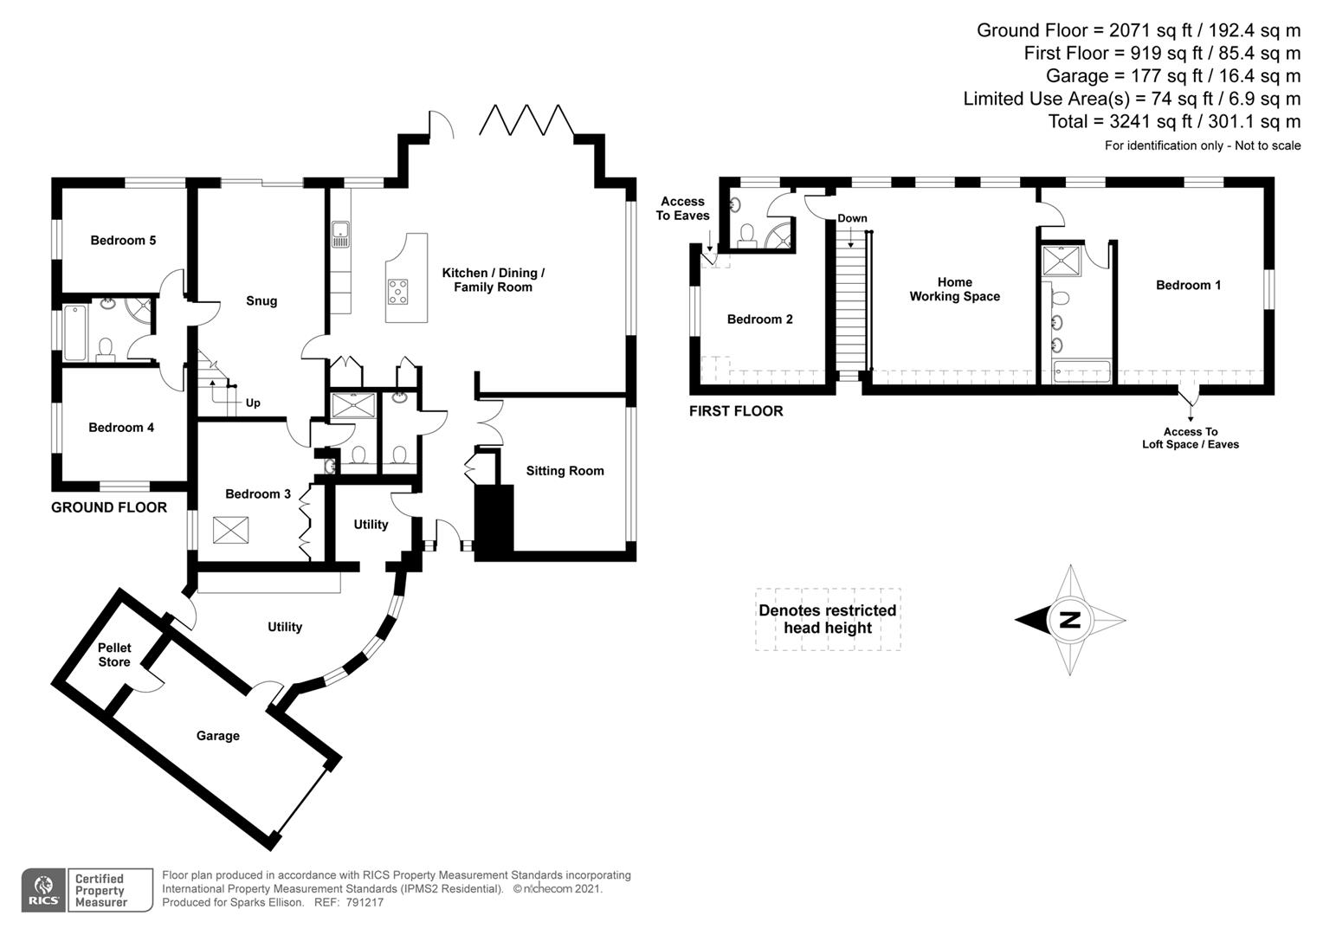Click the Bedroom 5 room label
tap(123, 240)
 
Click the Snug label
tap(261, 301)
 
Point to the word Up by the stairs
tap(253, 403)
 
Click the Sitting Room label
tap(565, 471)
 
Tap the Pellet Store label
tap(114, 654)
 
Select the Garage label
tap(217, 736)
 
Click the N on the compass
tap(1070, 620)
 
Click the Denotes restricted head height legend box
tap(827, 619)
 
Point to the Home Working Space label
tap(954, 289)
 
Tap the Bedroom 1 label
tap(1188, 285)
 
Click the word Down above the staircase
tap(852, 218)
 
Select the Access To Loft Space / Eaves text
tap(1190, 438)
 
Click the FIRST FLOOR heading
tap(736, 411)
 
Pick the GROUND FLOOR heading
tap(109, 507)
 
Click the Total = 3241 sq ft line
tap(1173, 121)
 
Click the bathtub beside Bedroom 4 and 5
tap(74, 333)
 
